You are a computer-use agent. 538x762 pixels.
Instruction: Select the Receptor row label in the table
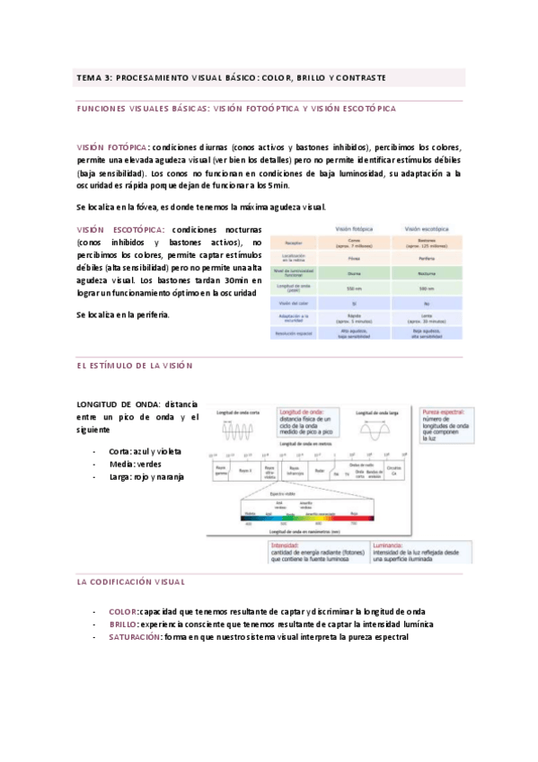click(x=293, y=242)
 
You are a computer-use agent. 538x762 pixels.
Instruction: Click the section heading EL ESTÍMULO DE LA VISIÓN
click(x=135, y=366)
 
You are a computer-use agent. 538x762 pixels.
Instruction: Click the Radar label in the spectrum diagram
click(x=321, y=469)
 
